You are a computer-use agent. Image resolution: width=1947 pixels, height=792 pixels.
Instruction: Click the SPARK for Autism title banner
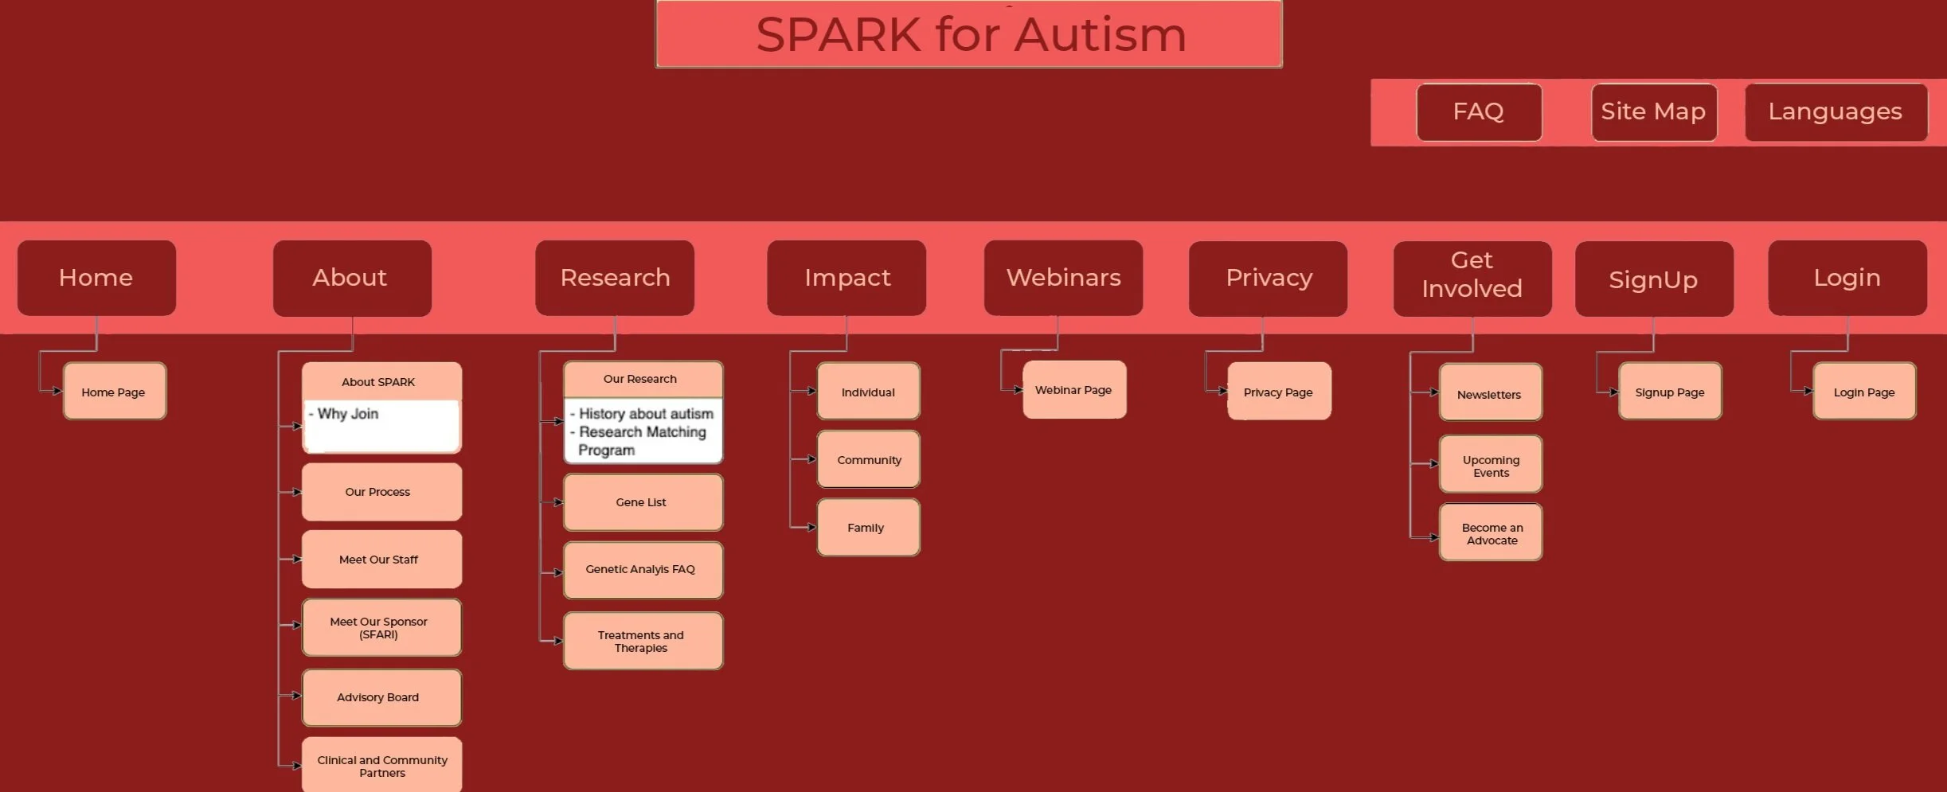pyautogui.click(x=968, y=34)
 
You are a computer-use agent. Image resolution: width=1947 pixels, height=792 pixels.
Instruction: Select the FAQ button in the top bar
pyautogui.click(x=1479, y=112)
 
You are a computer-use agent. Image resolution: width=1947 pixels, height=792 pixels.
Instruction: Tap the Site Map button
pyautogui.click(x=1654, y=112)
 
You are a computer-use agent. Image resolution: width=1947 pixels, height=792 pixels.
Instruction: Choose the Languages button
pyautogui.click(x=1836, y=112)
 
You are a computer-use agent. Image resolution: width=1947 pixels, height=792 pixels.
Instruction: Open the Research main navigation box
pyautogui.click(x=615, y=278)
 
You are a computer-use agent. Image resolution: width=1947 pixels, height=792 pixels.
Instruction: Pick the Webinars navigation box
pyautogui.click(x=1063, y=278)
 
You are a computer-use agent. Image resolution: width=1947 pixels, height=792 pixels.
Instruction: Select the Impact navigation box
pyautogui.click(x=846, y=278)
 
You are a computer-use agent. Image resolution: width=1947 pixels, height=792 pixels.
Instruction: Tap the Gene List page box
pyautogui.click(x=643, y=502)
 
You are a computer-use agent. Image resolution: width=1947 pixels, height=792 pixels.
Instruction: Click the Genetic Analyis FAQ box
pyautogui.click(x=643, y=570)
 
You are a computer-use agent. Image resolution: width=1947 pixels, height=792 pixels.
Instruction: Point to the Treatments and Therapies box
pyautogui.click(x=643, y=641)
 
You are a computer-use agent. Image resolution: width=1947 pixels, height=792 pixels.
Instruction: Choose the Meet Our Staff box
pyautogui.click(x=381, y=560)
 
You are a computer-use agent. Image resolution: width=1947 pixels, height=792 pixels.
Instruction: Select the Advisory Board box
pyautogui.click(x=381, y=697)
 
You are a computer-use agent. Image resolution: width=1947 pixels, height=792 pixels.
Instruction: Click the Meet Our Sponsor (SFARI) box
pyautogui.click(x=381, y=627)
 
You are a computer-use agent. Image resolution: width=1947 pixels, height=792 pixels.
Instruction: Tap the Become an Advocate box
pyautogui.click(x=1491, y=533)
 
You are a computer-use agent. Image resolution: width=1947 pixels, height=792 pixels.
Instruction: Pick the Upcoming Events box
pyautogui.click(x=1491, y=464)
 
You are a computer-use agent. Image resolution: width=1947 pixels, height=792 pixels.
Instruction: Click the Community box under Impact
pyautogui.click(x=868, y=459)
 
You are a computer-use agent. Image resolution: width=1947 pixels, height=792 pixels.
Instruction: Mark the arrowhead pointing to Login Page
pyautogui.click(x=1808, y=391)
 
